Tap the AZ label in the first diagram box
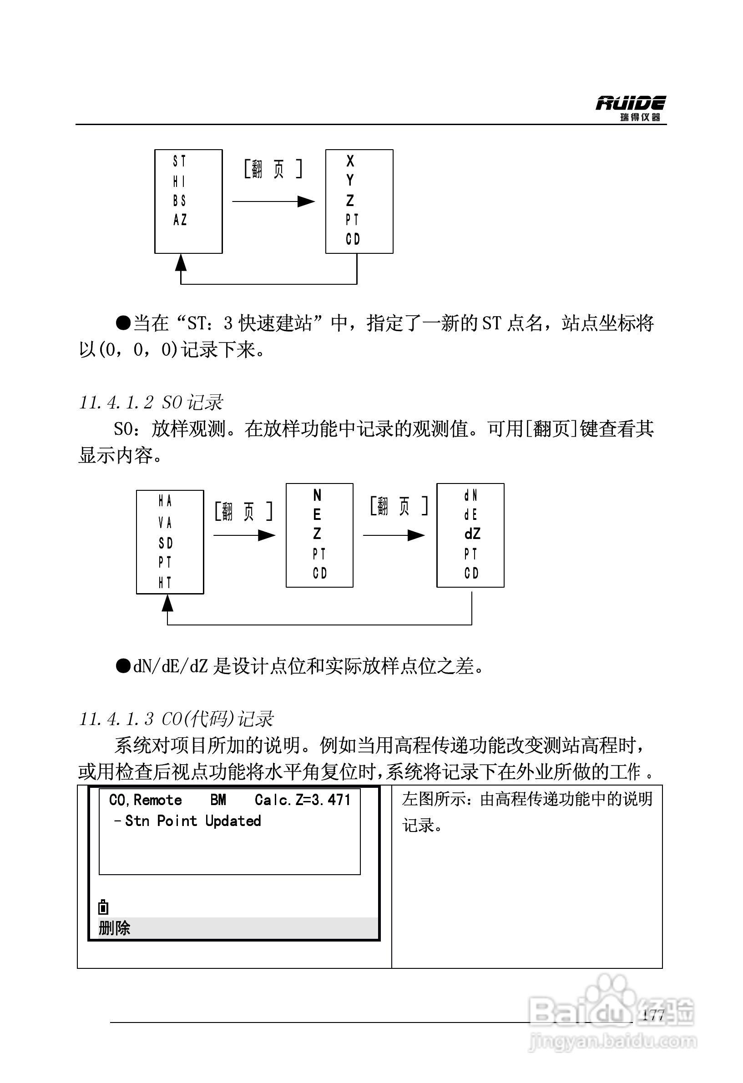180,220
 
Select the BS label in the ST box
179,201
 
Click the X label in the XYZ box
350,161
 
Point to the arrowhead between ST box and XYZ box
306,201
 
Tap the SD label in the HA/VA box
166,543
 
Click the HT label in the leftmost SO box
165,582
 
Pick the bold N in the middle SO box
317,494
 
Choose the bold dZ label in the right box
472,534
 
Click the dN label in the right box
470,496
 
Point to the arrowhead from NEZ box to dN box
416,535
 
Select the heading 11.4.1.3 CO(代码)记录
176,719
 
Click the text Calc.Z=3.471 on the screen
303,799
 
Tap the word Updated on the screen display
233,821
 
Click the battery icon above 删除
103,907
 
